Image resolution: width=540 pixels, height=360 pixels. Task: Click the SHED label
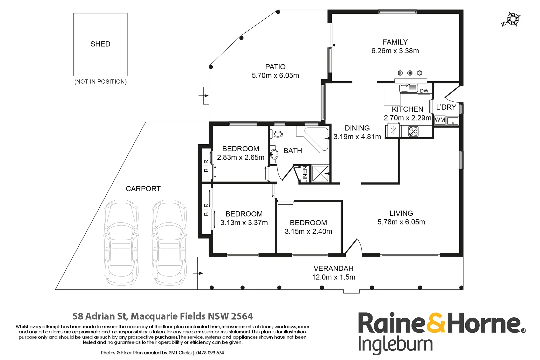tap(100, 44)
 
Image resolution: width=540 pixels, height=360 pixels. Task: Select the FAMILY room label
tap(395, 42)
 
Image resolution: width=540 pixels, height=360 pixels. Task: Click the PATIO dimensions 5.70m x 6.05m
tap(275, 75)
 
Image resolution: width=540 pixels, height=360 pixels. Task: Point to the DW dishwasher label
tap(424, 91)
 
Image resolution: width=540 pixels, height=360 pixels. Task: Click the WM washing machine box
tap(440, 120)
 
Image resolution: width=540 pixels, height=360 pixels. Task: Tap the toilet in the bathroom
tap(276, 134)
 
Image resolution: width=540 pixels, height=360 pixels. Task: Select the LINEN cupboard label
tap(305, 174)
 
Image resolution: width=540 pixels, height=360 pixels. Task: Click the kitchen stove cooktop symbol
tap(413, 131)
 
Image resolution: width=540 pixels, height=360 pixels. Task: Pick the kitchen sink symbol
tap(409, 88)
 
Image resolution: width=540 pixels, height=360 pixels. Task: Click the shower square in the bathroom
tap(320, 174)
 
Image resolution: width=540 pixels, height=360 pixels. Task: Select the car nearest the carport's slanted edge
tap(121, 243)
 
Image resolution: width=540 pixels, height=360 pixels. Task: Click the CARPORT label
tap(143, 189)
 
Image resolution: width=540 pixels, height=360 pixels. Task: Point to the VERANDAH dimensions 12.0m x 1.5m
tap(334, 277)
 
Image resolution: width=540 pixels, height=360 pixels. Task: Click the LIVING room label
tap(401, 213)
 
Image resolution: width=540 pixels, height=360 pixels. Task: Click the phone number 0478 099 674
tap(210, 353)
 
